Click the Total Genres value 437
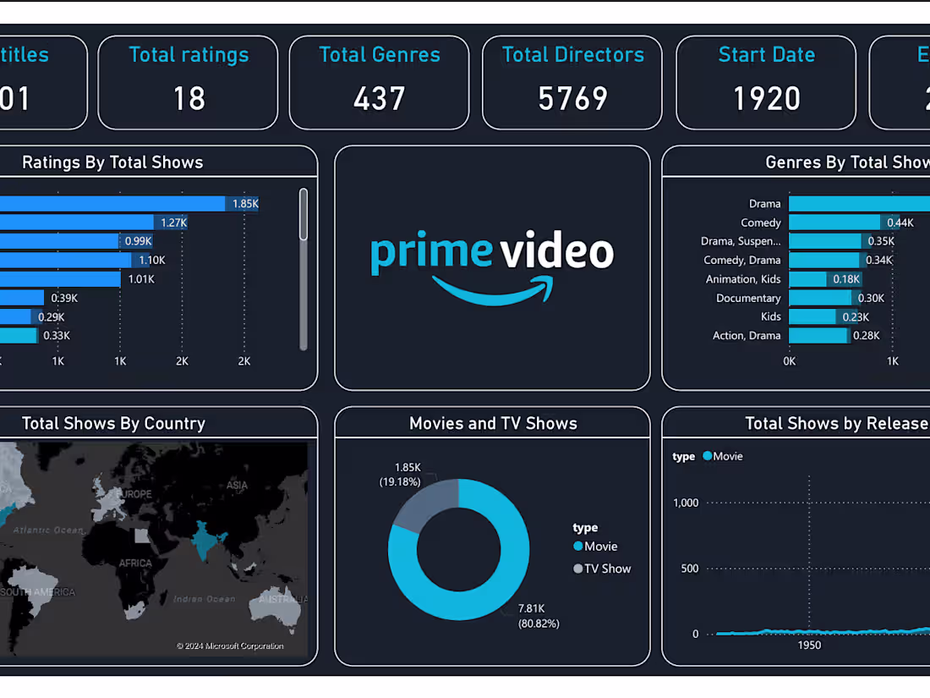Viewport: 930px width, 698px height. tap(379, 99)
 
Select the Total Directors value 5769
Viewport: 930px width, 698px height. tap(572, 99)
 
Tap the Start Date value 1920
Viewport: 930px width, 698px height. tap(766, 99)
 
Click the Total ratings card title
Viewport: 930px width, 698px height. tap(189, 55)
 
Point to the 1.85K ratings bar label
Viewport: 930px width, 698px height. tap(245, 204)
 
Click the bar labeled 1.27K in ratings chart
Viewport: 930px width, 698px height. tap(76, 223)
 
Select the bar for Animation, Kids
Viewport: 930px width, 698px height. tap(807, 279)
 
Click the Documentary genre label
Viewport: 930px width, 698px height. tap(747, 298)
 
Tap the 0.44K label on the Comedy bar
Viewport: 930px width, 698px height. tap(900, 223)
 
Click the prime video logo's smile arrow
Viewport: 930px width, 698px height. tap(495, 290)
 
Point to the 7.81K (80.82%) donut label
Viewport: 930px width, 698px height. tap(539, 616)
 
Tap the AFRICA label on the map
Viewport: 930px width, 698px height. tap(135, 563)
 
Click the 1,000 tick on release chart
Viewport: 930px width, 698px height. tap(685, 503)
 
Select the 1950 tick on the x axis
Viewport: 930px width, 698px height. tap(808, 645)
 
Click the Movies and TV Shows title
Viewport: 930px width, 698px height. tap(493, 424)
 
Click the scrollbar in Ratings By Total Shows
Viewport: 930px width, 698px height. tap(304, 216)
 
